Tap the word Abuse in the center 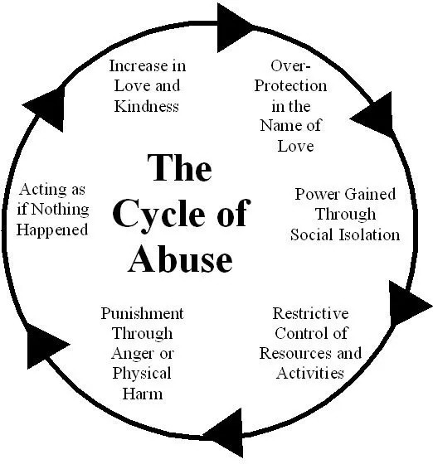[x=180, y=259]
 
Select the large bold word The [x=179, y=167]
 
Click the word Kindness [x=147, y=106]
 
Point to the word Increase [x=136, y=65]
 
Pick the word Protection [x=290, y=86]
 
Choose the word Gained [x=370, y=195]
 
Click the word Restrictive [x=310, y=314]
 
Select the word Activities [x=310, y=374]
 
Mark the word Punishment [x=142, y=314]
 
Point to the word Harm [x=143, y=394]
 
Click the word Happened [x=52, y=230]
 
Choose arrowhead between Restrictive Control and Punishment [x=224, y=433]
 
